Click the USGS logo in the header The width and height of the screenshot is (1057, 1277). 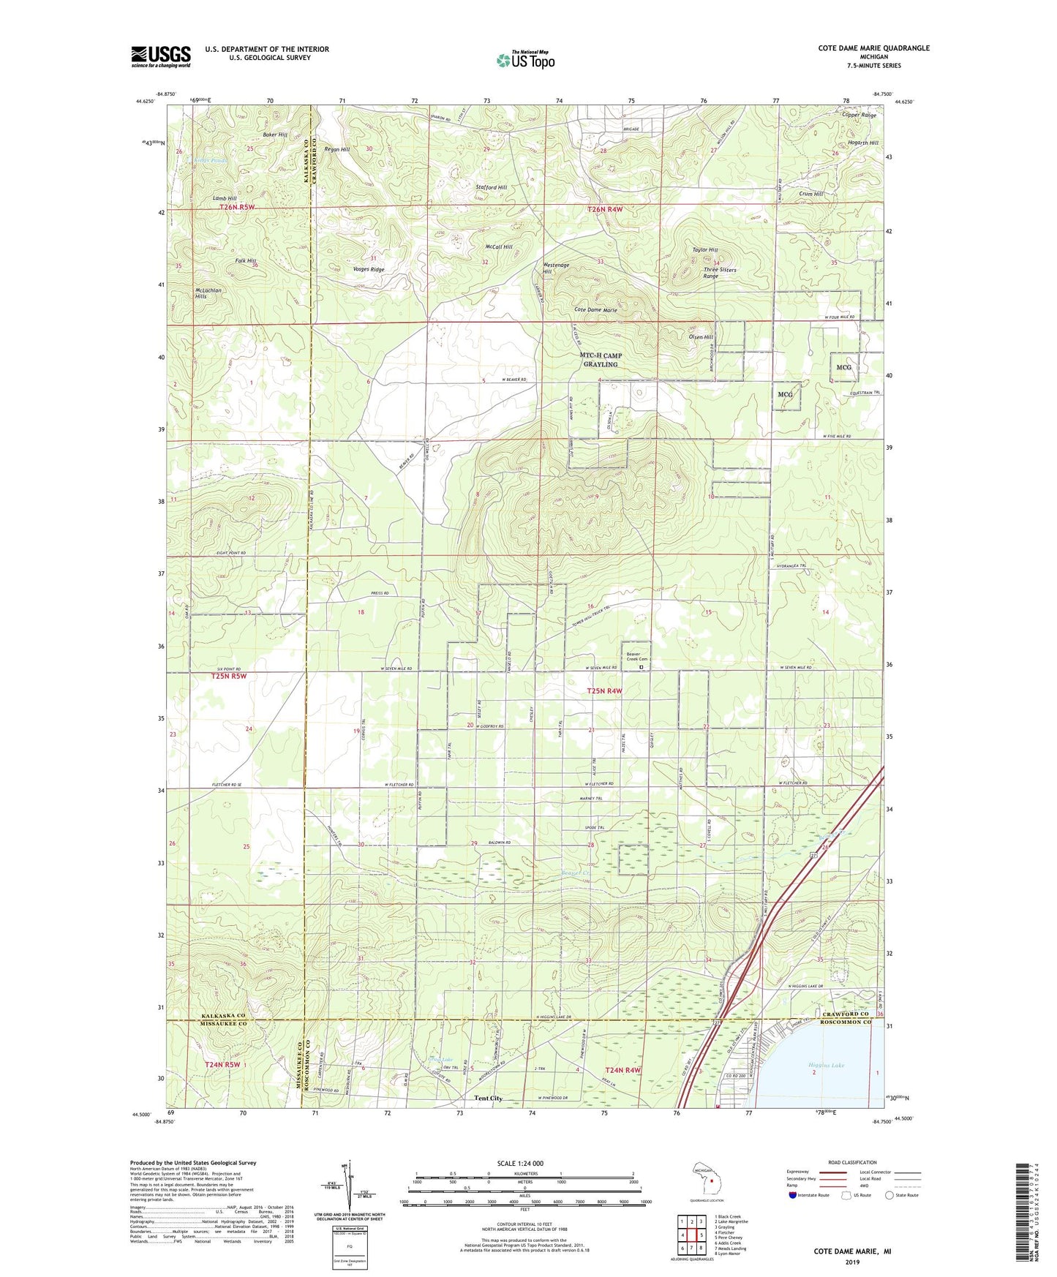tap(161, 56)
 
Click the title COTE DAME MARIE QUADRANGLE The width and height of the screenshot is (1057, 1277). tap(873, 48)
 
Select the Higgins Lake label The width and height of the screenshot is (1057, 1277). tap(827, 1065)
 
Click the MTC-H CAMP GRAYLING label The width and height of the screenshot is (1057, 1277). tap(601, 360)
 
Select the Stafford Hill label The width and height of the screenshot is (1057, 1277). tap(491, 187)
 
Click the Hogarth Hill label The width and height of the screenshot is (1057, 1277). tap(863, 143)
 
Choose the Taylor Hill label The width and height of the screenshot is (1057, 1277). tap(704, 249)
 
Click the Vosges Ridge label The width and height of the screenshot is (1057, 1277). tap(369, 270)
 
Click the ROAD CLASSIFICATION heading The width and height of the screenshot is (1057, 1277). tap(851, 1162)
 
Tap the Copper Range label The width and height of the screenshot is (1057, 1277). tap(859, 116)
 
